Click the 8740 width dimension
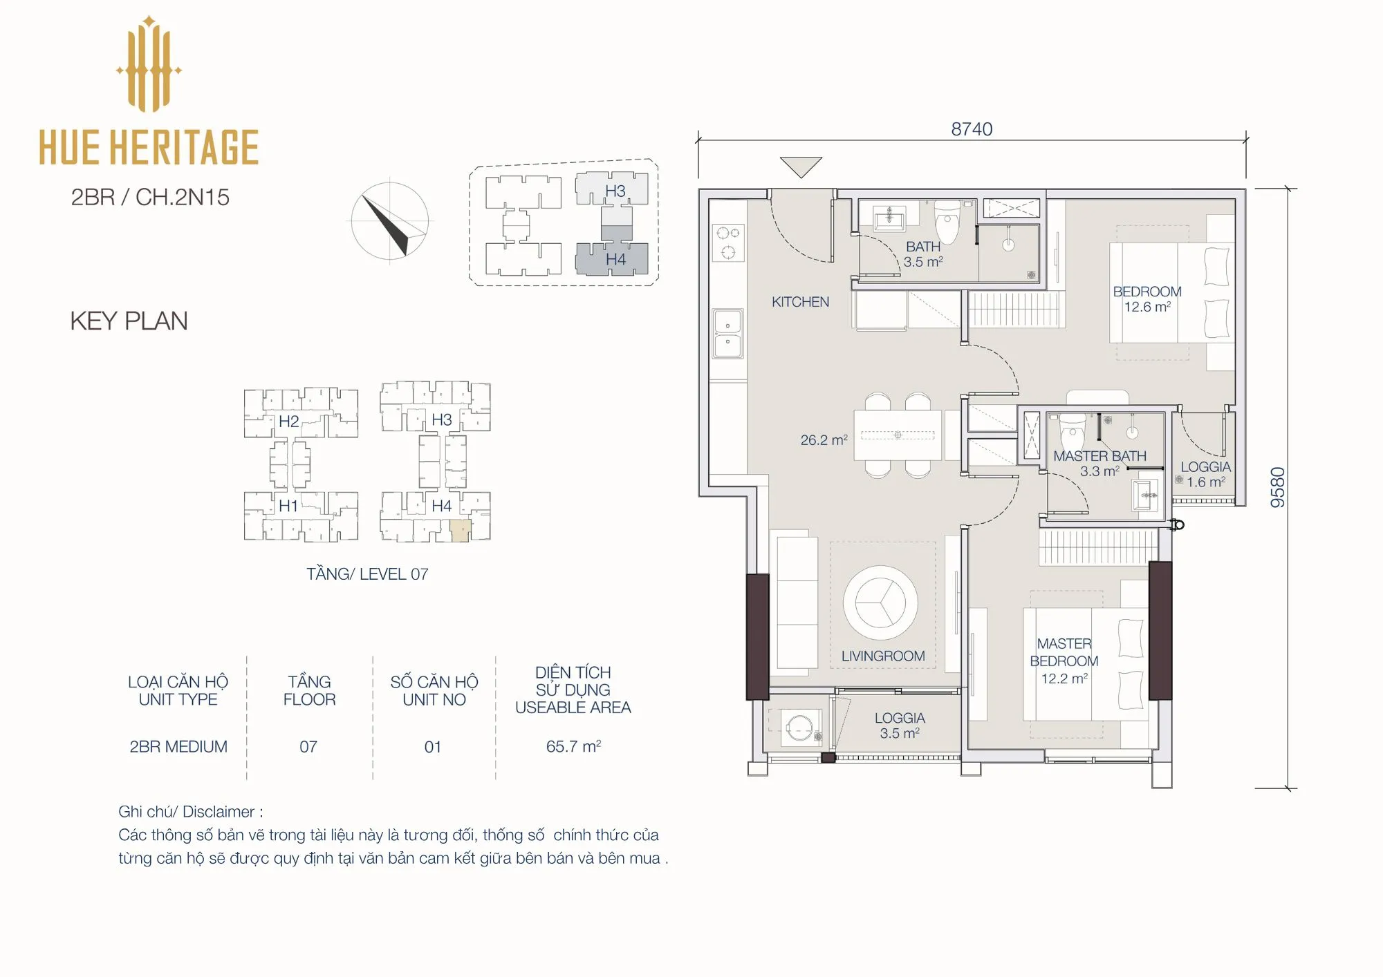point(972,129)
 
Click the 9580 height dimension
point(1278,487)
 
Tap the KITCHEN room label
point(800,302)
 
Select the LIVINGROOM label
point(883,656)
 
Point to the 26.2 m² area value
point(824,439)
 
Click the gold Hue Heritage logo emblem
point(149,64)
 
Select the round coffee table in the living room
point(880,603)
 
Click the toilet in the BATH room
point(947,220)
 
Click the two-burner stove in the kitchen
point(728,243)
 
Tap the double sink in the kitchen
point(728,333)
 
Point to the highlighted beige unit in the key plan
point(461,530)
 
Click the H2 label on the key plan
point(288,421)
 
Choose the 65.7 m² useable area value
point(573,746)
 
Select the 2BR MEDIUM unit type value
point(178,746)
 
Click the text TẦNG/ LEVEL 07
point(367,573)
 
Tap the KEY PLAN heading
point(129,321)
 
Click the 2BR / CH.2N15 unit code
point(150,197)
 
